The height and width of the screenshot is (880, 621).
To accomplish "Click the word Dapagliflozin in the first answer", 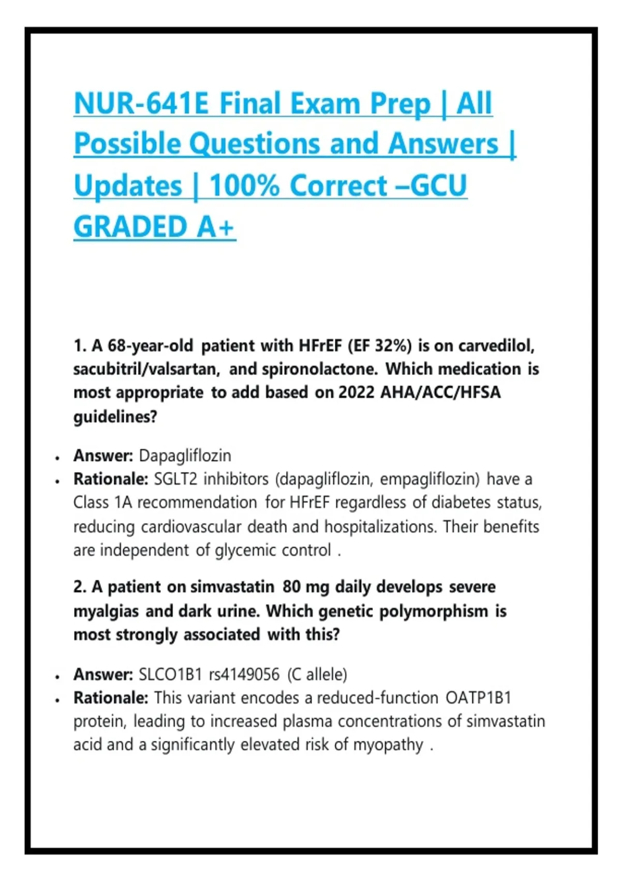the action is click(x=185, y=456).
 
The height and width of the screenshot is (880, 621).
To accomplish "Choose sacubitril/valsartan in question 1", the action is click(x=146, y=369).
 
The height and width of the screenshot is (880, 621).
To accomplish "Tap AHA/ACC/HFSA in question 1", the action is click(x=440, y=392).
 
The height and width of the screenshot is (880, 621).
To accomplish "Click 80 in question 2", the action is click(x=291, y=586).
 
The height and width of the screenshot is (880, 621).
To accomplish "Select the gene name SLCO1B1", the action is click(x=170, y=674).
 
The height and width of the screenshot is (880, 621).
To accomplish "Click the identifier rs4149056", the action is click(x=244, y=674).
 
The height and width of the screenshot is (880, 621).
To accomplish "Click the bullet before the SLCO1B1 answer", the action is click(x=57, y=677).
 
